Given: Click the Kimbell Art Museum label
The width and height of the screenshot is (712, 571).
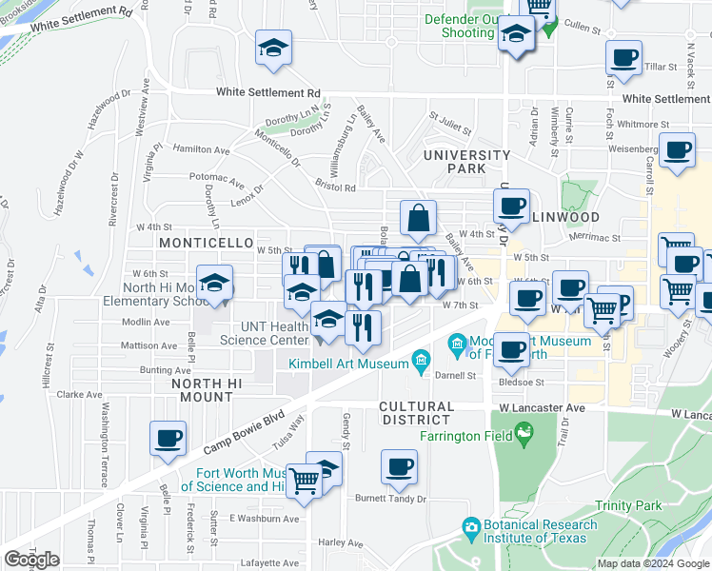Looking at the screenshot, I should pyautogui.click(x=349, y=361).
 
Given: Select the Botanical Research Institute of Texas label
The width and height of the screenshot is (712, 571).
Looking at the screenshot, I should pyautogui.click(x=543, y=531).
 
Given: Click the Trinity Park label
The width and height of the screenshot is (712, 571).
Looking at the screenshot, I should pyautogui.click(x=628, y=506).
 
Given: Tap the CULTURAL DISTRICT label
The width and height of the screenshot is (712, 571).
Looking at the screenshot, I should pyautogui.click(x=415, y=412).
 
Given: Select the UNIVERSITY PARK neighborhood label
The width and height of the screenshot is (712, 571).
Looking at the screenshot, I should pyautogui.click(x=466, y=161).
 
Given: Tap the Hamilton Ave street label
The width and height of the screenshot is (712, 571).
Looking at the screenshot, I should pyautogui.click(x=201, y=149).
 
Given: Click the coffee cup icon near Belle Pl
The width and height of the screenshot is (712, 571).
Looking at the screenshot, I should pyautogui.click(x=168, y=439).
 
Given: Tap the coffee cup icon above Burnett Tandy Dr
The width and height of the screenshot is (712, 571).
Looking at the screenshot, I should pyautogui.click(x=399, y=468).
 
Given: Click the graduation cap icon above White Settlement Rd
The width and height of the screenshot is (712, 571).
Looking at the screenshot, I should pyautogui.click(x=273, y=49).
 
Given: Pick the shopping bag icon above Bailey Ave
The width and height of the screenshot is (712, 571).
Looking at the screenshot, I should pyautogui.click(x=418, y=219).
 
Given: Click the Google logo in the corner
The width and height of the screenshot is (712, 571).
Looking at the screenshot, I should pyautogui.click(x=31, y=561).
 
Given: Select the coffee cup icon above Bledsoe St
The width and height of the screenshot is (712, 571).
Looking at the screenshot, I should pyautogui.click(x=512, y=351).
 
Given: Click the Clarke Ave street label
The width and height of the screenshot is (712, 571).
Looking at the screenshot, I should pyautogui.click(x=79, y=394).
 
